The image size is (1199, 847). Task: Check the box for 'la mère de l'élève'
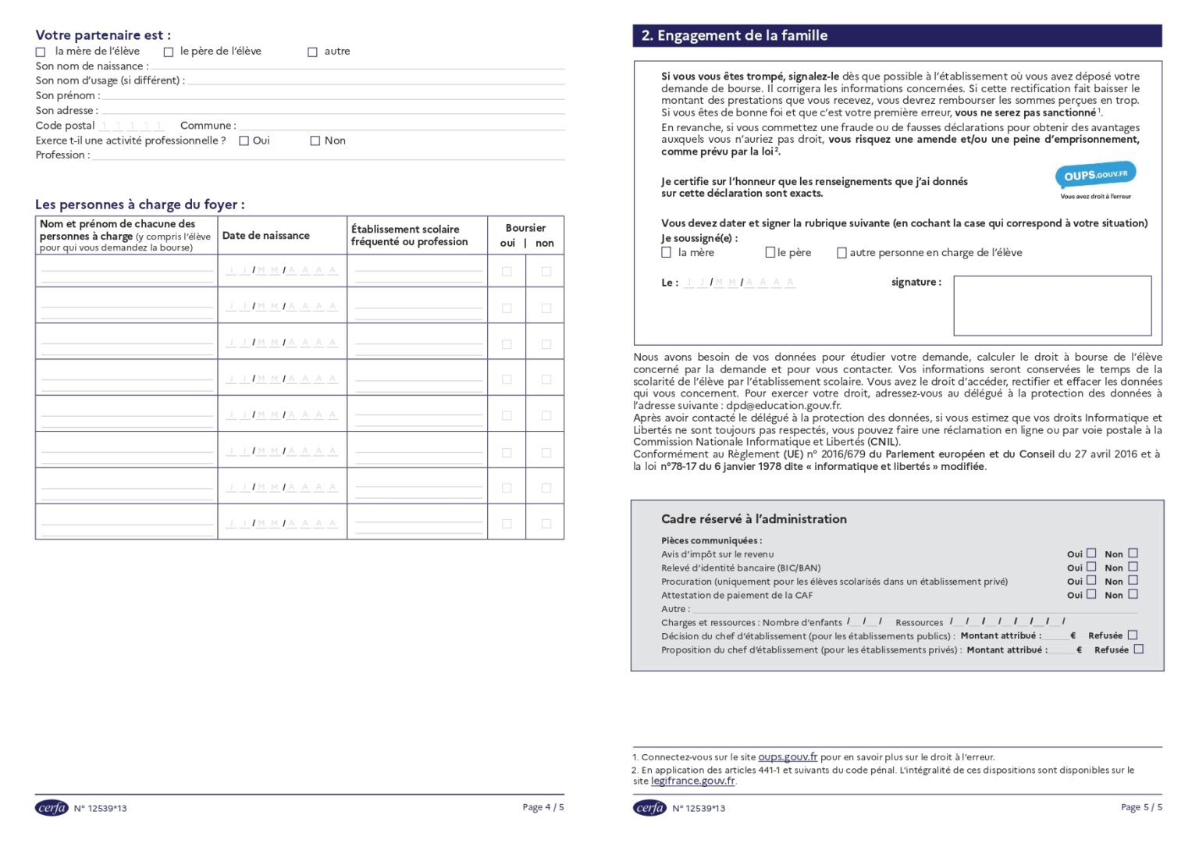tap(41, 52)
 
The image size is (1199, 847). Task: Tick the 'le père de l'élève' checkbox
tap(168, 52)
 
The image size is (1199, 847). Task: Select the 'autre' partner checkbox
tap(312, 52)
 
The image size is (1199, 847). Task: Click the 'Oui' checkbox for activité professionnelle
tap(244, 141)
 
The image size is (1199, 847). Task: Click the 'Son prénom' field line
tap(332, 97)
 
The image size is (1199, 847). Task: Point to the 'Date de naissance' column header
tap(265, 236)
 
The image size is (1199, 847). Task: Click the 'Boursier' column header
tap(525, 228)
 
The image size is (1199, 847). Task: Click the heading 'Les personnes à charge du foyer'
tap(140, 205)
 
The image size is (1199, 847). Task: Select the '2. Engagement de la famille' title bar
tap(896, 36)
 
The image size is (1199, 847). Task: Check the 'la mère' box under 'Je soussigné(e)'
tap(666, 253)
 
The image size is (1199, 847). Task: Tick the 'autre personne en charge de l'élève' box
tap(841, 253)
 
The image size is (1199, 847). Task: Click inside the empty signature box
tap(1051, 305)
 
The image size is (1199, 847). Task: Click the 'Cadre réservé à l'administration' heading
tap(753, 519)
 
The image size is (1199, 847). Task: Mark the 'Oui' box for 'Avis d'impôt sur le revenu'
tap(1091, 553)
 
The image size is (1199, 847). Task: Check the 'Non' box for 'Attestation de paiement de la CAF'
tap(1133, 594)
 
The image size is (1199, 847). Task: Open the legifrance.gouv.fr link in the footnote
tap(692, 781)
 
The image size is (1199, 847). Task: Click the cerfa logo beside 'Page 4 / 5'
tap(52, 808)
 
